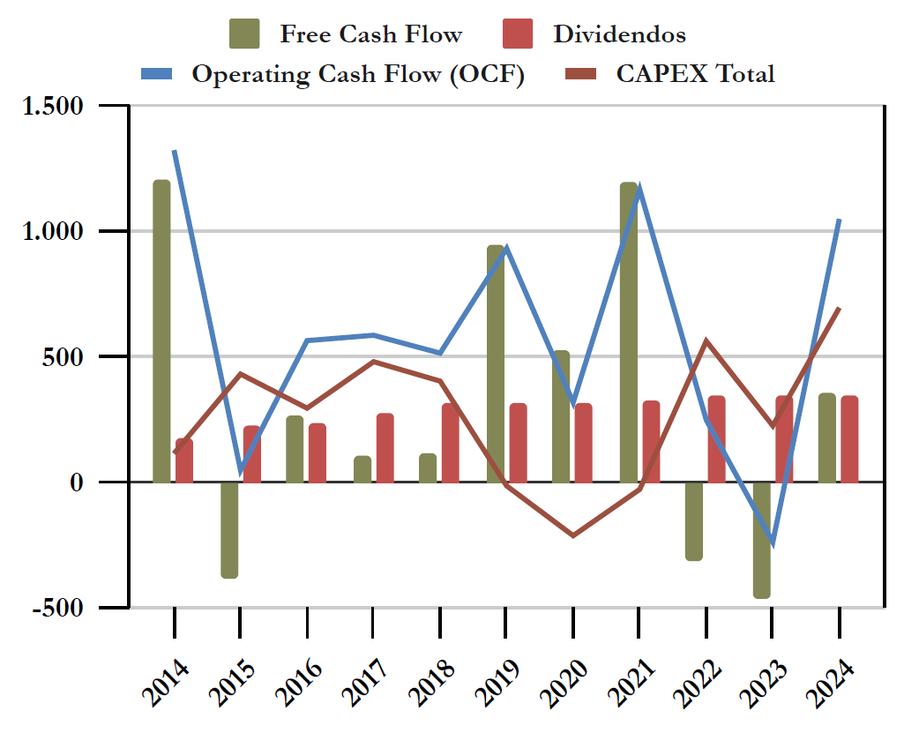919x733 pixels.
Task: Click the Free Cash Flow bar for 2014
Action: (x=161, y=331)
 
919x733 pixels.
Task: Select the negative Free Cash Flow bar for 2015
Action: (x=229, y=529)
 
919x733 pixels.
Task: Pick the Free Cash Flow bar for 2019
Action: (x=496, y=363)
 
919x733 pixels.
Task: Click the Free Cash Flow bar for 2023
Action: (x=762, y=540)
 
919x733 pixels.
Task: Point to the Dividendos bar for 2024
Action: (x=849, y=439)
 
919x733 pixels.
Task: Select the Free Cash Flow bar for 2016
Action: (x=295, y=449)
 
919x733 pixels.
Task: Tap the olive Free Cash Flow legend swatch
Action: (x=245, y=34)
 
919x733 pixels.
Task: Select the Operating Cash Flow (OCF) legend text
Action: (x=358, y=73)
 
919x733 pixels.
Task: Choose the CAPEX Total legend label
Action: (x=695, y=73)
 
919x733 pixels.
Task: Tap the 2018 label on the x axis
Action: (x=434, y=679)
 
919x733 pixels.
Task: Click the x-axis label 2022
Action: (x=700, y=679)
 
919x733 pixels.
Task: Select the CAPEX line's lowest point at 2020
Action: (x=572, y=535)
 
